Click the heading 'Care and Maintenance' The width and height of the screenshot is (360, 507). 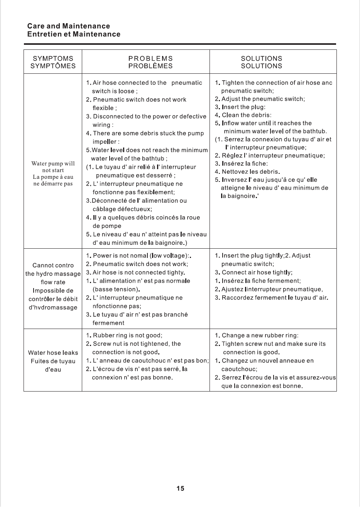(x=68, y=26)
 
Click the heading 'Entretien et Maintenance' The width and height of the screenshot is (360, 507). (x=73, y=34)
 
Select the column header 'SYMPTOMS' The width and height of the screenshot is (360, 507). (x=53, y=58)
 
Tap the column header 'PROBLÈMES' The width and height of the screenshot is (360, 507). (x=150, y=66)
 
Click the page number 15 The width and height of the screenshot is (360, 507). (x=180, y=488)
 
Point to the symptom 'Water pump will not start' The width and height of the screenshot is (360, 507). (x=53, y=167)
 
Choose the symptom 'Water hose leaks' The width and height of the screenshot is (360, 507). (x=53, y=353)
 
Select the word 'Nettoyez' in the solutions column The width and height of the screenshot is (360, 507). (x=234, y=171)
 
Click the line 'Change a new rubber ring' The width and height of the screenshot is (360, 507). (x=260, y=335)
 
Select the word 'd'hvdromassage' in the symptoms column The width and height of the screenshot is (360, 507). (x=53, y=308)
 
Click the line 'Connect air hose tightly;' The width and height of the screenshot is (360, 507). (x=257, y=273)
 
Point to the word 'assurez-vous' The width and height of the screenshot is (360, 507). (x=318, y=378)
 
